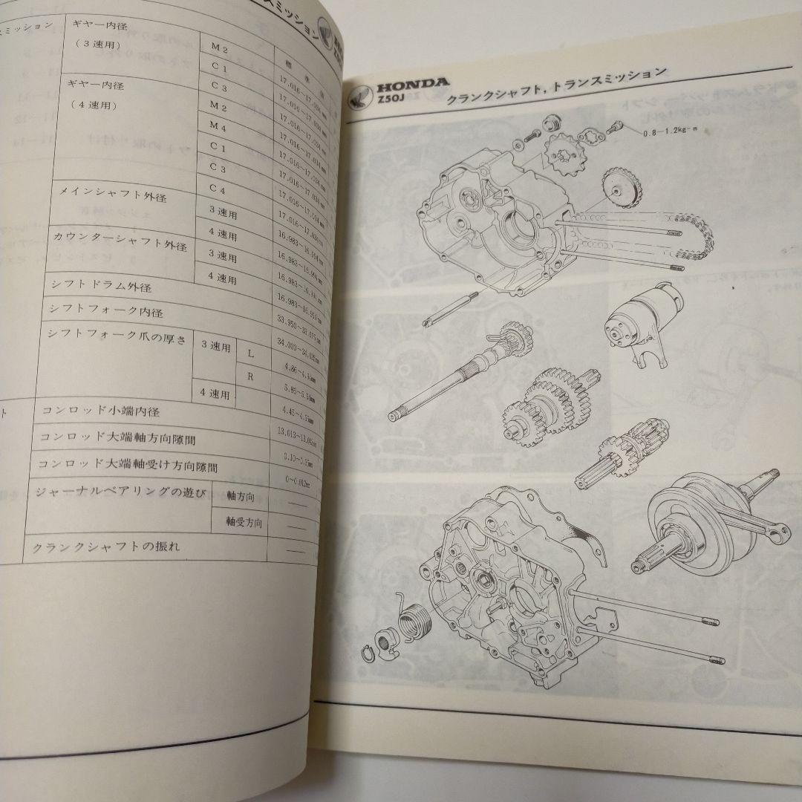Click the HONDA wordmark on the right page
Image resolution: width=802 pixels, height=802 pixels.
[411, 83]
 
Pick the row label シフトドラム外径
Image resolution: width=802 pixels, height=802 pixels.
[97, 287]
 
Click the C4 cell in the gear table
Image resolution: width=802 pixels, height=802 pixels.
[217, 189]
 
